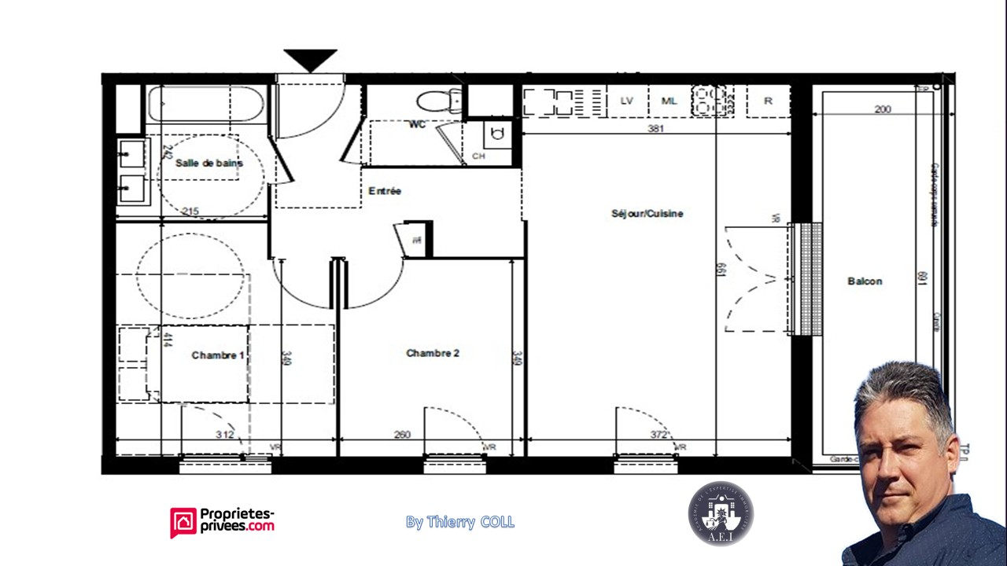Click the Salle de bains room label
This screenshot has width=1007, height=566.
coord(208,164)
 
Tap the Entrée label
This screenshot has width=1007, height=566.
coord(385,191)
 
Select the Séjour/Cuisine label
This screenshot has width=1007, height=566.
coord(647,214)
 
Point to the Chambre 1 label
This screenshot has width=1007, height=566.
coord(218,355)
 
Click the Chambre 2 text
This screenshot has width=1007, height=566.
coord(433,353)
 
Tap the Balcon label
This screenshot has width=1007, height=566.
coord(865,281)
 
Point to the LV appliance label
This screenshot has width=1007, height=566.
coord(627,101)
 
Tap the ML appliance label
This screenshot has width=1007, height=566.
coord(669,101)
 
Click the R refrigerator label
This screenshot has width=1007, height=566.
coord(768,101)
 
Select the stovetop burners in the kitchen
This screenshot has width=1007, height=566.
coord(708,101)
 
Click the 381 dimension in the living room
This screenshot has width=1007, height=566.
coord(655,128)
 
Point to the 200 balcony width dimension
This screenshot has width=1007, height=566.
coord(883,109)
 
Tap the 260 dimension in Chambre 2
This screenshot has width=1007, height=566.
coord(401,435)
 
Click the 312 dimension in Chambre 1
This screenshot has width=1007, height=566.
coord(225,435)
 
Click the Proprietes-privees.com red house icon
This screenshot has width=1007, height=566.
coord(183,522)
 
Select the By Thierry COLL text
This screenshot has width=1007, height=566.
coord(460,522)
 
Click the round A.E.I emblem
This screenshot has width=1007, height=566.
coord(721,513)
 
